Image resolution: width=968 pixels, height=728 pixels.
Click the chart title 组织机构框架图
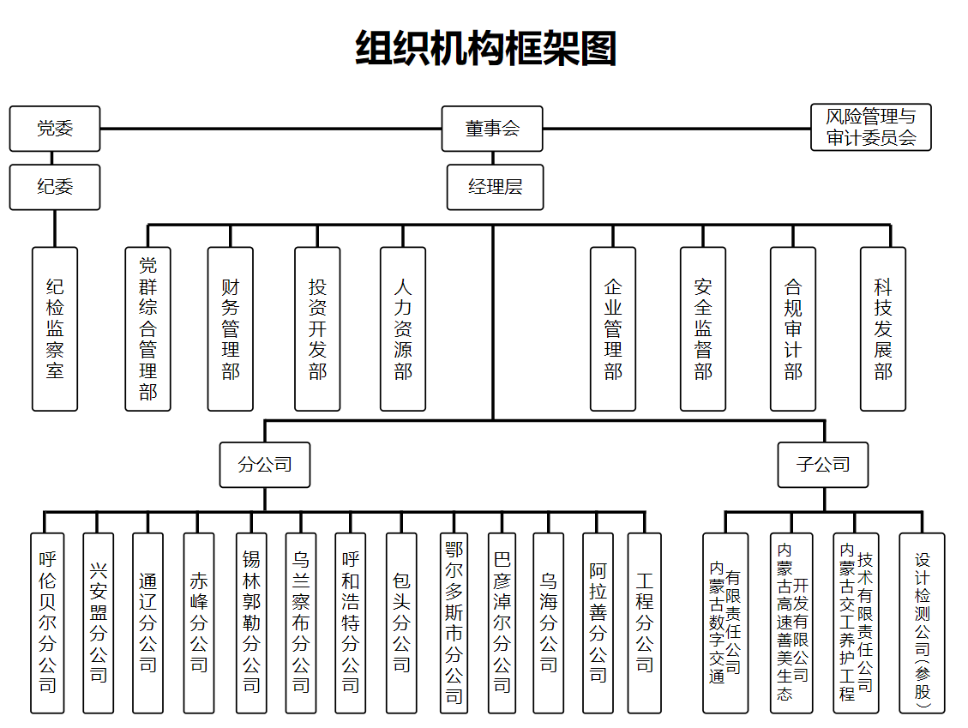(485, 48)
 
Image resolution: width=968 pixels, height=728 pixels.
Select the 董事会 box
(492, 129)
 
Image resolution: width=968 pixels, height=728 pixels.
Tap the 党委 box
(55, 129)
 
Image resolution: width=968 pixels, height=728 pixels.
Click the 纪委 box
(55, 186)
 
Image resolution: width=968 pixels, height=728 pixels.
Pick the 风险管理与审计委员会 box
(870, 127)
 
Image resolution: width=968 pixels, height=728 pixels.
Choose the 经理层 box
(495, 187)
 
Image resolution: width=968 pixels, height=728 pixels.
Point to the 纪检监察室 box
(55, 328)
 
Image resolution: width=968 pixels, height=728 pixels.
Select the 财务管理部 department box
(230, 328)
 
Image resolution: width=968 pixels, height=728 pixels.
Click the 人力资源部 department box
(403, 328)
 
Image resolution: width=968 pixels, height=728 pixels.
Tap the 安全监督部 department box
(703, 328)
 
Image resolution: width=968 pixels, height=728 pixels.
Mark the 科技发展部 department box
(883, 328)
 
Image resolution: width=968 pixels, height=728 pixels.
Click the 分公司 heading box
(264, 465)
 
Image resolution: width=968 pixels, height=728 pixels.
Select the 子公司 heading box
(822, 465)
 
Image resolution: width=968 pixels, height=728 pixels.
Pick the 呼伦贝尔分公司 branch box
(47, 623)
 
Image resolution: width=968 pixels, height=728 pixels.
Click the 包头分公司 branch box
(401, 623)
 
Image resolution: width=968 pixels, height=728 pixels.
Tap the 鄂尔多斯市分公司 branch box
(453, 623)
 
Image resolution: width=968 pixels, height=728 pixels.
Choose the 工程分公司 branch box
(644, 623)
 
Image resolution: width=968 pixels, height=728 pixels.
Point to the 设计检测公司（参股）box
(922, 623)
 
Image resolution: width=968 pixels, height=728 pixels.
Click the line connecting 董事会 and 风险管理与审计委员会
(677, 129)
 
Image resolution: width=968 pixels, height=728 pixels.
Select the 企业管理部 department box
(613, 328)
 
